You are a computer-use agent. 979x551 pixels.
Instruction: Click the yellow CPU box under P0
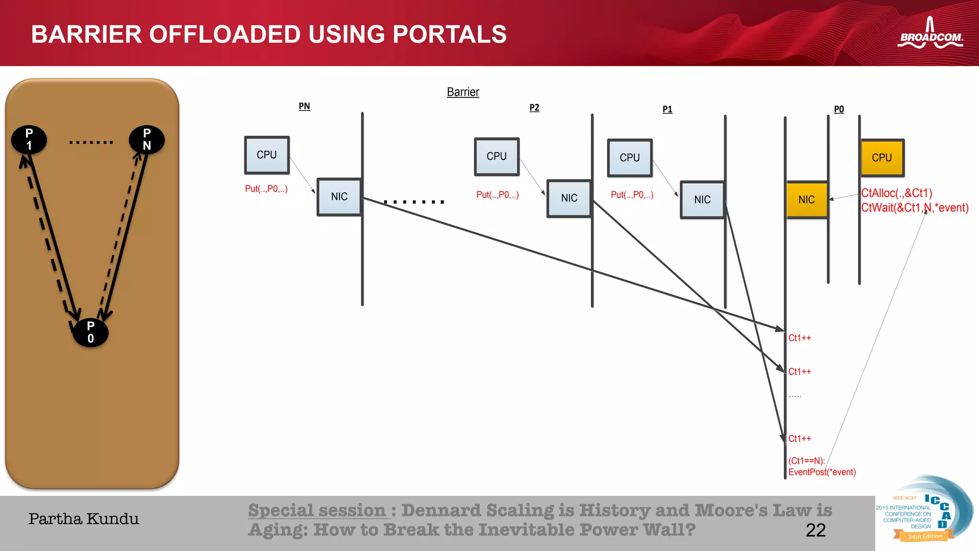(882, 158)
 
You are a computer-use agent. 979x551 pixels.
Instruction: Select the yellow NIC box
(807, 200)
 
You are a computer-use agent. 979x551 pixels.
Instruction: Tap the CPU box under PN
(267, 155)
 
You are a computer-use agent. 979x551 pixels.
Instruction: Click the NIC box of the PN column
(339, 197)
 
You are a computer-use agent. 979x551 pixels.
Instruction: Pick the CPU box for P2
(497, 156)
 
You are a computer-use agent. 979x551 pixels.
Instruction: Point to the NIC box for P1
(702, 200)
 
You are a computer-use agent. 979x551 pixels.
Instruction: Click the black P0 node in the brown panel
(90, 332)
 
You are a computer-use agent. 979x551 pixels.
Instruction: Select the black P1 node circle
(29, 140)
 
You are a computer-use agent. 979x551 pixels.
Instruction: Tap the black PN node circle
(147, 140)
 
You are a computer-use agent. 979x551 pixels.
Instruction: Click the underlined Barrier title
(463, 92)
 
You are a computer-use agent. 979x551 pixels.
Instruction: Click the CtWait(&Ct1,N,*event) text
(914, 208)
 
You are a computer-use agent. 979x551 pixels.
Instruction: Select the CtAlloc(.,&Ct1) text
(896, 193)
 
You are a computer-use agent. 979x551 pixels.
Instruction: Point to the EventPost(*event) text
(822, 472)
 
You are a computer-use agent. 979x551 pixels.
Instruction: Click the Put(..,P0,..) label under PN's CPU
(266, 189)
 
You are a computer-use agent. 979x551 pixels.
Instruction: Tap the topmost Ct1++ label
(799, 338)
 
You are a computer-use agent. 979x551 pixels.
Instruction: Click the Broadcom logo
(930, 34)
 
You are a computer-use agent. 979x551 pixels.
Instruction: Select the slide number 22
(816, 530)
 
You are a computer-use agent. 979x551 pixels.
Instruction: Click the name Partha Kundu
(84, 519)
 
